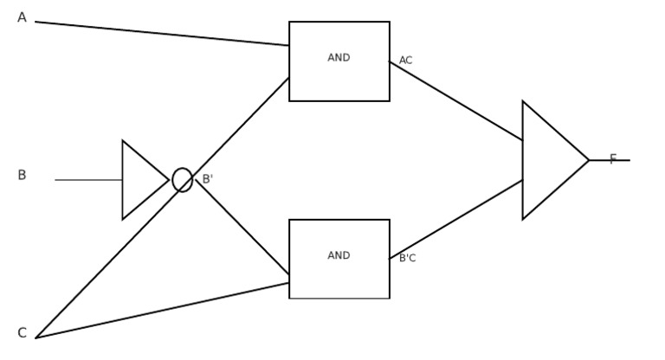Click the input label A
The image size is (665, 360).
pyautogui.click(x=22, y=17)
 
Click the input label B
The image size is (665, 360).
pyautogui.click(x=22, y=176)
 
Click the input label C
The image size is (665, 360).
pyautogui.click(x=22, y=333)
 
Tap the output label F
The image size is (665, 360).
pyautogui.click(x=613, y=159)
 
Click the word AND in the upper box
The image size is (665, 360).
pyautogui.click(x=339, y=58)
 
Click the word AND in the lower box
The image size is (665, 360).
pyautogui.click(x=339, y=256)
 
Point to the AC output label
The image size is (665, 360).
pyautogui.click(x=405, y=61)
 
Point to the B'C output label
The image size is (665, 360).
pyautogui.click(x=407, y=258)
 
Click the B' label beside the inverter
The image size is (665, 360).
pyautogui.click(x=207, y=179)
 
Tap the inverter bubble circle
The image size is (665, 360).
pyautogui.click(x=182, y=180)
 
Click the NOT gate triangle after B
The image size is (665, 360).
pyautogui.click(x=141, y=180)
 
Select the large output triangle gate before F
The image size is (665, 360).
pyautogui.click(x=550, y=160)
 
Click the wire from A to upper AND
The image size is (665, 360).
pyautogui.click(x=162, y=34)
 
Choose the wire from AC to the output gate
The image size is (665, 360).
pyautogui.click(x=456, y=101)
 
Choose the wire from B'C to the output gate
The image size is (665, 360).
pyautogui.click(x=456, y=219)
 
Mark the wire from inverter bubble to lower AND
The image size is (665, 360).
pyautogui.click(x=242, y=228)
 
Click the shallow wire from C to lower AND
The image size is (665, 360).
pyautogui.click(x=162, y=311)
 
